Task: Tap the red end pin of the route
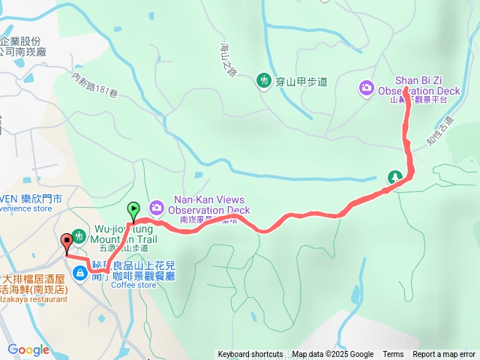pyautogui.click(x=67, y=241)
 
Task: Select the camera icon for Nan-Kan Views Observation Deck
pyautogui.click(x=157, y=206)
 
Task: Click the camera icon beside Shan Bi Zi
pyautogui.click(x=366, y=88)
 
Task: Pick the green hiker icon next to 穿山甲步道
pyautogui.click(x=263, y=80)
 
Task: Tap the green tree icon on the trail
pyautogui.click(x=394, y=177)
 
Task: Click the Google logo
pyautogui.click(x=28, y=349)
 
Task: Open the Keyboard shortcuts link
pyautogui.click(x=250, y=355)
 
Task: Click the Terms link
pyautogui.click(x=393, y=355)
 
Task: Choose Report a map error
pyautogui.click(x=443, y=355)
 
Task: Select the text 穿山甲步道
pyautogui.click(x=301, y=81)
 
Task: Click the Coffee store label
pyautogui.click(x=133, y=285)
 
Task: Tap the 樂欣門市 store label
pyautogui.click(x=46, y=199)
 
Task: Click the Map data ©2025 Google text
pyautogui.click(x=332, y=355)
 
